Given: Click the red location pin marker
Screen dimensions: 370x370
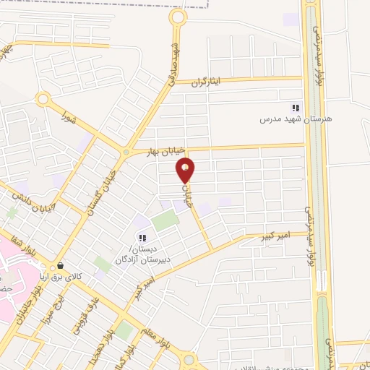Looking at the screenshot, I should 186,170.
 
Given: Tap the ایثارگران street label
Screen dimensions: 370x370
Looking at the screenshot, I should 209,82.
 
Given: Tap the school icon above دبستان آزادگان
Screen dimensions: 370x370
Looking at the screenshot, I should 142,238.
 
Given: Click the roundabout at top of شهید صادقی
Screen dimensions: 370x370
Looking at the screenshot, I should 177,17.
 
